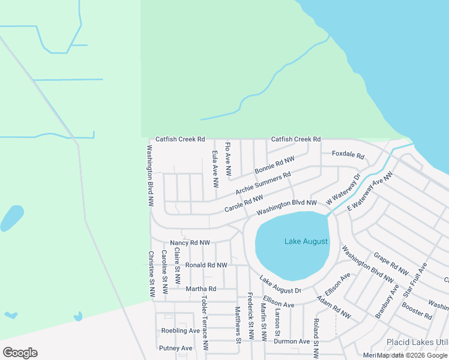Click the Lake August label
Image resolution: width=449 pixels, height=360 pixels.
(306, 241)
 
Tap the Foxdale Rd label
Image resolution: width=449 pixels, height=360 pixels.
(348, 155)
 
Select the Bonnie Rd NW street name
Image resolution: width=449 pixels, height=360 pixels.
(275, 166)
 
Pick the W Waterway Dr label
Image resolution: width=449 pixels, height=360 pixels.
(343, 189)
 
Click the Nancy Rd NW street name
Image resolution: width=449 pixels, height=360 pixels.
(190, 243)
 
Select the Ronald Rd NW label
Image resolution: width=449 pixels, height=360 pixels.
(206, 265)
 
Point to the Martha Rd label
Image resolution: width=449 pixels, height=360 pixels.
(200, 289)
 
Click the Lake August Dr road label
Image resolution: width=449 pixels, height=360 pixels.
(280, 286)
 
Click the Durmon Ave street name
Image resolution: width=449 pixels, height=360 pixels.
(292, 341)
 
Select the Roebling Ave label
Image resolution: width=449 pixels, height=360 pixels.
(180, 331)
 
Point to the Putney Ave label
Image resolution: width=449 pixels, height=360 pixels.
(175, 348)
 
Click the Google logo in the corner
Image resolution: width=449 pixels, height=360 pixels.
(20, 353)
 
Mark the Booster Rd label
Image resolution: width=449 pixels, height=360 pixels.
(417, 311)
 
